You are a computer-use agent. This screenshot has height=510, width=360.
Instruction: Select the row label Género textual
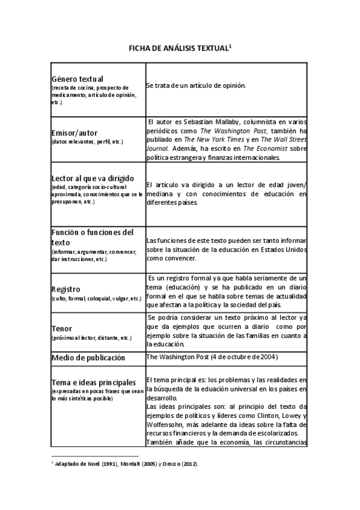[x=78, y=79]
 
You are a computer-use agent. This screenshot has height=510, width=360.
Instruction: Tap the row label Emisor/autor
[x=75, y=132]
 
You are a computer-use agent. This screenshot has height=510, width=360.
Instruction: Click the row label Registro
[x=66, y=289]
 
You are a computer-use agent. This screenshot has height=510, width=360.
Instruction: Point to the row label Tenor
[x=62, y=329]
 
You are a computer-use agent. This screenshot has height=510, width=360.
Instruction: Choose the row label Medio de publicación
[x=88, y=357]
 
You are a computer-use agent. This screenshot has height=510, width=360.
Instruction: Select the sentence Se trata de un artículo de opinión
[x=196, y=86]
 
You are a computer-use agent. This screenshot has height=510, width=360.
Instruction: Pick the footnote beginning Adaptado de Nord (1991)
[x=127, y=464]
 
